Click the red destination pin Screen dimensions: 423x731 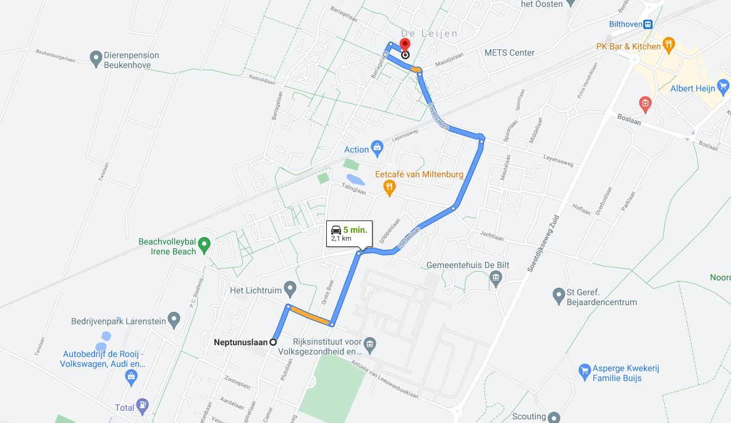[405, 45]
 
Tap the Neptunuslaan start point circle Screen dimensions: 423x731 [273, 342]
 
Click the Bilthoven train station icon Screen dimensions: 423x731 [648, 25]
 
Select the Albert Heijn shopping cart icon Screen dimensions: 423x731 [724, 86]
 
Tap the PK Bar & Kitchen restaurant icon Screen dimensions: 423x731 [669, 44]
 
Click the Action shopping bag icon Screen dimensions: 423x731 [377, 148]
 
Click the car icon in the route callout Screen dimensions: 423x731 [336, 230]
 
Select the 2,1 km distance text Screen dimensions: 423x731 [341, 238]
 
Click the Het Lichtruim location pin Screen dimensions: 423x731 [290, 288]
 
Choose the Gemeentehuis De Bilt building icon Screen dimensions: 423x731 [496, 279]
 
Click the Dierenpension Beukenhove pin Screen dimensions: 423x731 [95, 58]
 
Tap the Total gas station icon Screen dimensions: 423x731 [143, 406]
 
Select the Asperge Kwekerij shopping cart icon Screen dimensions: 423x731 [584, 371]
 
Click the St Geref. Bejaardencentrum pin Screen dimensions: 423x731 [559, 295]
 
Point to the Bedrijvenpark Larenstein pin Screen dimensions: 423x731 [174, 319]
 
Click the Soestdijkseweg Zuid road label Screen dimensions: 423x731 [544, 244]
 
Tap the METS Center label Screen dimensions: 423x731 [509, 52]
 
